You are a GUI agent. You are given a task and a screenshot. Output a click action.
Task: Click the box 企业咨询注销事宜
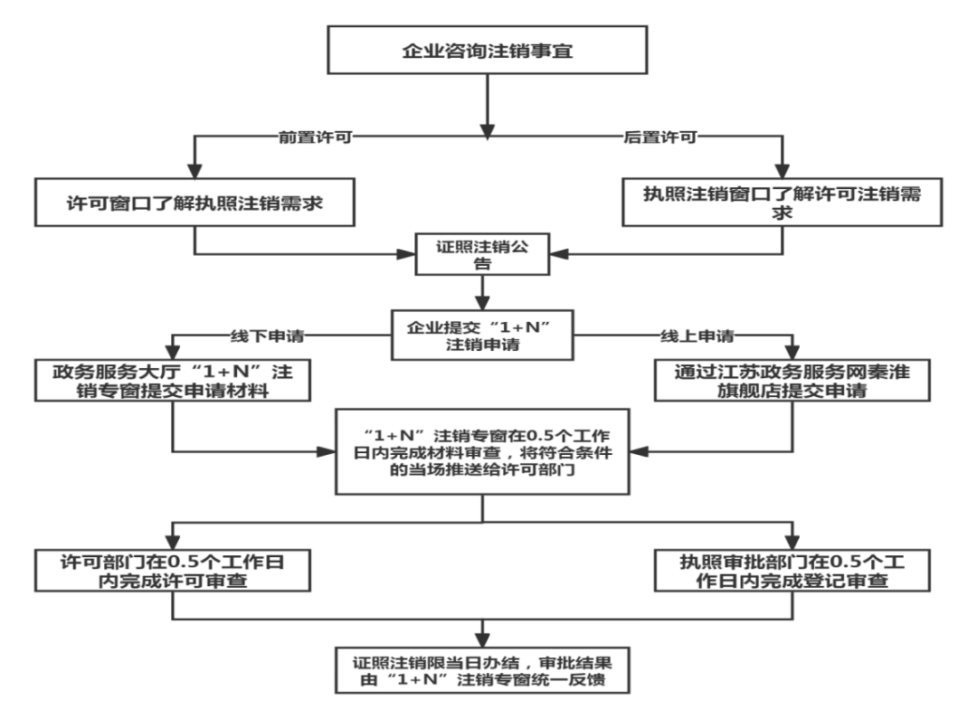click(488, 50)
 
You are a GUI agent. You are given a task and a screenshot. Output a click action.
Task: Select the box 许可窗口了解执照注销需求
click(194, 203)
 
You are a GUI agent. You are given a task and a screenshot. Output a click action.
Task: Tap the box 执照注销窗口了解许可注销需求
click(782, 203)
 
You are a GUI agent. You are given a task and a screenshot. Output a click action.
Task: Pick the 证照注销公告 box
click(482, 254)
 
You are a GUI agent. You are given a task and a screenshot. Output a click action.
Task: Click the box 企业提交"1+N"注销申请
click(482, 336)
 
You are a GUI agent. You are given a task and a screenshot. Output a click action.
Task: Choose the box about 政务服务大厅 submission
click(173, 380)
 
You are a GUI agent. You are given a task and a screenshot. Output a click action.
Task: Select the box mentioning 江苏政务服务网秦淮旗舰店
click(792, 380)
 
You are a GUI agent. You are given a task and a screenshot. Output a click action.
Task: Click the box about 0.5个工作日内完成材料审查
click(482, 451)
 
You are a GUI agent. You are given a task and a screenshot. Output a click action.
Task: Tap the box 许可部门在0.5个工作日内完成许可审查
click(173, 570)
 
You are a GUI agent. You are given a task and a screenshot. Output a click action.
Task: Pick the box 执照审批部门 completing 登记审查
click(792, 570)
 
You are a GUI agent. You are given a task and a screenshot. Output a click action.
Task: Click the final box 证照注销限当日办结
click(482, 670)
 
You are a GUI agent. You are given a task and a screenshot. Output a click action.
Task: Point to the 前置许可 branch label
click(316, 137)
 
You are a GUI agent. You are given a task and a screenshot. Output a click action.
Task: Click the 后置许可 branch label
click(660, 137)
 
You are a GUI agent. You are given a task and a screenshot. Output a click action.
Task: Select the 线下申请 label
click(267, 336)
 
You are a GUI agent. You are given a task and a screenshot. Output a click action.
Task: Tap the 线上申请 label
click(697, 336)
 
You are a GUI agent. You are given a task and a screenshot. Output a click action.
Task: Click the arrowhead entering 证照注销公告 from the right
click(559, 254)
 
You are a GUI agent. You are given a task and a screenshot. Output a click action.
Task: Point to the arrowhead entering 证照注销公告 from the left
click(406, 254)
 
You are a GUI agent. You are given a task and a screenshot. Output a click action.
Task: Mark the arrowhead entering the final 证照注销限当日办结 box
click(482, 640)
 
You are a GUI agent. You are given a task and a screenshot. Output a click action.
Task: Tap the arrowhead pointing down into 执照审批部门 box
click(792, 542)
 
